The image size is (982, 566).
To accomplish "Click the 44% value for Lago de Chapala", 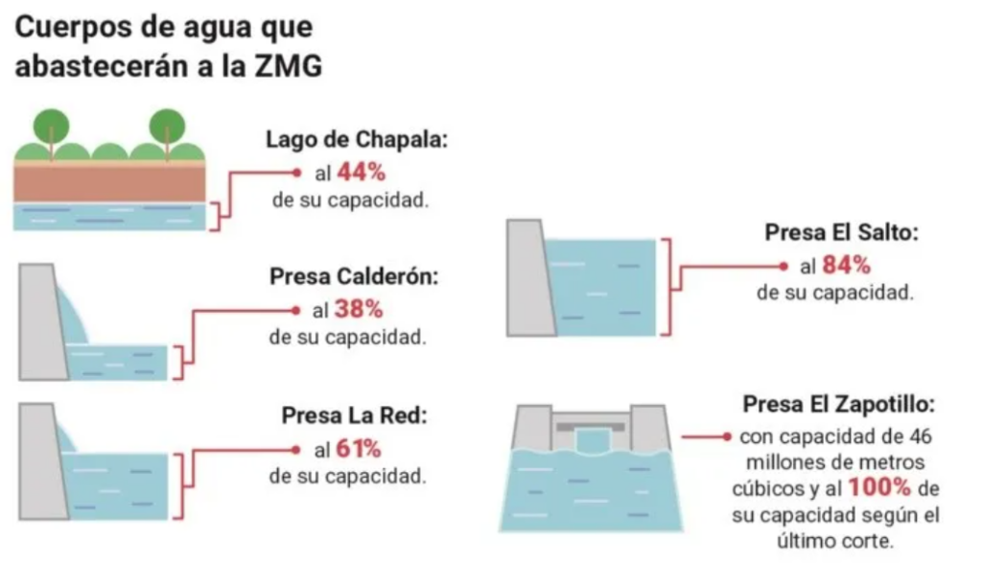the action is point(362,173).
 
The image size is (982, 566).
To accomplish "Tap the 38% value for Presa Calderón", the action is point(359,309).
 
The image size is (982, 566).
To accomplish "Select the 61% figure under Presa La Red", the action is point(359,449).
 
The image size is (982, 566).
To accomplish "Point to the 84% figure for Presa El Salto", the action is point(846,265).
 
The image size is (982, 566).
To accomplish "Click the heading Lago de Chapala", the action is point(357,139).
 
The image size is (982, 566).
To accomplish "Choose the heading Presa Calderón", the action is point(354,275).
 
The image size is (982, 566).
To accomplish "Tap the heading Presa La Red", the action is point(354,415).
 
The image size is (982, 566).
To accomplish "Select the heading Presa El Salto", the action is point(841,232).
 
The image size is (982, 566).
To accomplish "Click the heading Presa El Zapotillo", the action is point(838,404).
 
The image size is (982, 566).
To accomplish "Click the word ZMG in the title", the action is point(288,66).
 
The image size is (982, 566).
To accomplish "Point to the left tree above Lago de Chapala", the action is point(52,129).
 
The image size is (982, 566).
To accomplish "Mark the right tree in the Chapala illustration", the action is point(167,129).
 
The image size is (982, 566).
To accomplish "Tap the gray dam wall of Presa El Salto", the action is point(529,277).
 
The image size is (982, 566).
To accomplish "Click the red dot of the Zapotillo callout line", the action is point(727,436).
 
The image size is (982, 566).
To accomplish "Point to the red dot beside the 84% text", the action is point(783,267).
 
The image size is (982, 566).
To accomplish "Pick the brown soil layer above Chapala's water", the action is point(109,183).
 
